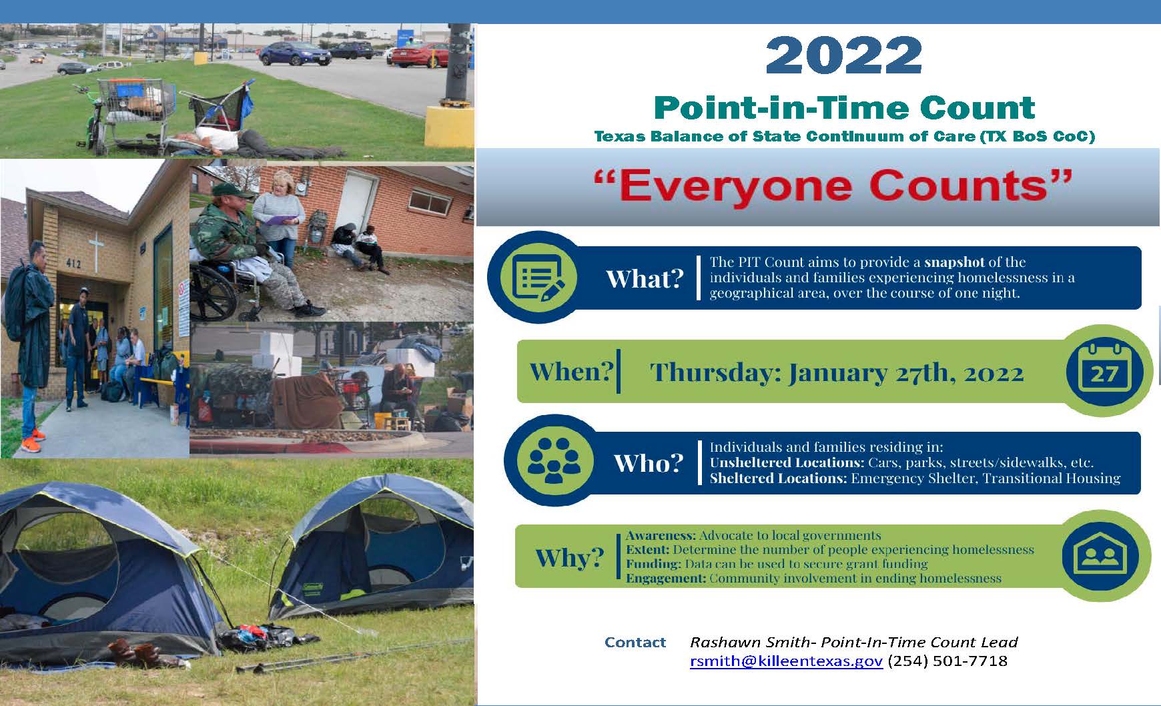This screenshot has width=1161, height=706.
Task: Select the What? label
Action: click(x=645, y=279)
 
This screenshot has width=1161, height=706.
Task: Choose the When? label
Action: click(x=570, y=371)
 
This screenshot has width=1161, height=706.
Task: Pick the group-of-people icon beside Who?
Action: click(x=553, y=460)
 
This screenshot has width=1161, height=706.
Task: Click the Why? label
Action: click(x=569, y=557)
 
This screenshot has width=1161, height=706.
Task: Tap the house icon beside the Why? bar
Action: click(x=1104, y=555)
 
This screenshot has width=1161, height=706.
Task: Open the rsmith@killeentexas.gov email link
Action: click(x=786, y=661)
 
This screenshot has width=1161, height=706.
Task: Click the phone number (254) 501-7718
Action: click(x=947, y=661)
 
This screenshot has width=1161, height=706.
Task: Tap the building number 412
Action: click(x=73, y=264)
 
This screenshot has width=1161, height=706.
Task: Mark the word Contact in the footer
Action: click(x=635, y=643)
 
